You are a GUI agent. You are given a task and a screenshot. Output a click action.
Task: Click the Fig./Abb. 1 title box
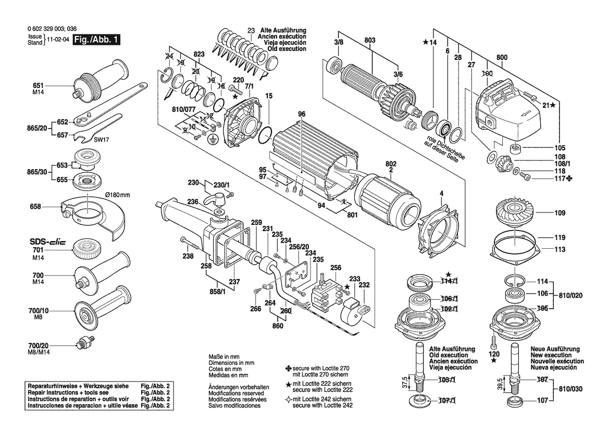[x=96, y=40]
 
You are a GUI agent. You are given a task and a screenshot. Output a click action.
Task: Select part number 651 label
[x=39, y=85]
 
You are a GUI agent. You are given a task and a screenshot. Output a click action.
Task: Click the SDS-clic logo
[x=48, y=242]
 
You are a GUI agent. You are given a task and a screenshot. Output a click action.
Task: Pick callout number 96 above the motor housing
[x=302, y=114]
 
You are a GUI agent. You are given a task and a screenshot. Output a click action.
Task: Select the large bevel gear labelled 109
[x=514, y=214]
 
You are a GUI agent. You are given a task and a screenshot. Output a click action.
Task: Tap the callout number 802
[x=391, y=164]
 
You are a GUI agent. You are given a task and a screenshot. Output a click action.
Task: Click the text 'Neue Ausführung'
[x=555, y=349]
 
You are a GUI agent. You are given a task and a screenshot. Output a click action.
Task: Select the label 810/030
[x=570, y=389]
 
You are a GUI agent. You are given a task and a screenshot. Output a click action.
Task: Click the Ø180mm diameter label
[x=118, y=195]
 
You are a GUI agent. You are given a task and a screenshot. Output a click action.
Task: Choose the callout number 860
[x=278, y=326]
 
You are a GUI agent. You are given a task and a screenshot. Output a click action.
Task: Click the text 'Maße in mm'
[x=224, y=357]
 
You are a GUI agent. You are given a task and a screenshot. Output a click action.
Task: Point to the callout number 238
[x=188, y=256]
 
